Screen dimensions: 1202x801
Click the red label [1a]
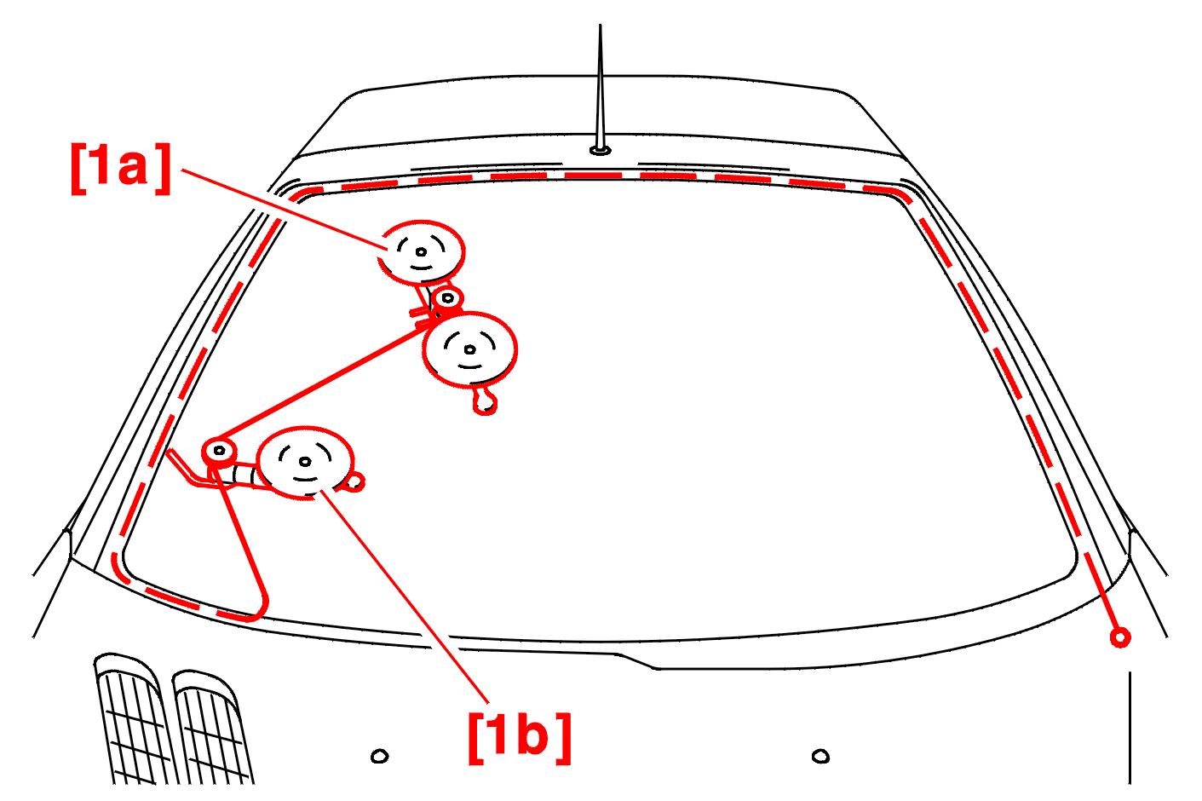click(121, 169)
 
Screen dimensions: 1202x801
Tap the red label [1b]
click(520, 738)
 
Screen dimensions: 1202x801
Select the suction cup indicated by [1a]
click(421, 251)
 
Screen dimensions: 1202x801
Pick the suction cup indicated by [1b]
click(305, 463)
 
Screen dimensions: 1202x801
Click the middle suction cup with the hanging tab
click(469, 349)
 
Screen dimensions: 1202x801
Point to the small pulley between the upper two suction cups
click(447, 298)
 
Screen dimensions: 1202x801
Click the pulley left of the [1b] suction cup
click(219, 451)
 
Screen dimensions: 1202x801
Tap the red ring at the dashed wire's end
click(1120, 637)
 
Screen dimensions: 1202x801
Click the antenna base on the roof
click(600, 150)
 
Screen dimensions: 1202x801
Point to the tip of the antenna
click(600, 24)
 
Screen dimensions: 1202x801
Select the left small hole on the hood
click(379, 757)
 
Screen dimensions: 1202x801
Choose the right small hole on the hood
click(820, 757)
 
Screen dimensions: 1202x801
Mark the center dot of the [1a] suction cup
click(421, 251)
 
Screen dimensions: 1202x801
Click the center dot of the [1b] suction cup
click(305, 462)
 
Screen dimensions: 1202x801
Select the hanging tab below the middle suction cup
click(485, 401)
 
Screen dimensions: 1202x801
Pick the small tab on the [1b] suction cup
click(355, 482)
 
